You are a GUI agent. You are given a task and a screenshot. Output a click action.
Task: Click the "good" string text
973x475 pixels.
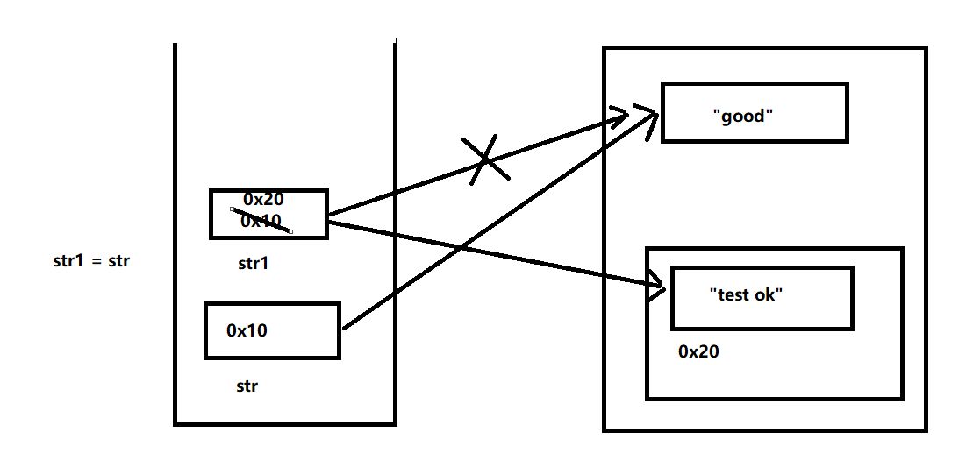point(743,116)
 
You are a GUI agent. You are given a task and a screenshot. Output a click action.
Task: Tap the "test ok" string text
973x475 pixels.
point(746,294)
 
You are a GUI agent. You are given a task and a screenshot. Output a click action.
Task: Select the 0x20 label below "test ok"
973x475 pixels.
point(698,351)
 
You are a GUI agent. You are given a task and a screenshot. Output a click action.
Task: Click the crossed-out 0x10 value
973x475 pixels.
point(261,221)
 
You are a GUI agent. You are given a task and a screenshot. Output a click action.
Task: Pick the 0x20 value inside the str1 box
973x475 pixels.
point(264,199)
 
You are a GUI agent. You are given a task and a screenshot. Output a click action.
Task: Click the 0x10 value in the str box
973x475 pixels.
point(247,330)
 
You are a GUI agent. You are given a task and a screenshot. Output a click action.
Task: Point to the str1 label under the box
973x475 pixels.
point(254,264)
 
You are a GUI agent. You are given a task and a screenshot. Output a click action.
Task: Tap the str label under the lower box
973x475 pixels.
point(247,386)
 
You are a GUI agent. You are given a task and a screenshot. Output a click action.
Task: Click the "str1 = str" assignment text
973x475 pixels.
point(92,261)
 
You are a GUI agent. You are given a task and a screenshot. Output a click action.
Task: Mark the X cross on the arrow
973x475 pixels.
point(486,160)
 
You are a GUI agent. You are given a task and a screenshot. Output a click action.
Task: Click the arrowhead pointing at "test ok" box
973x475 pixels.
point(656,286)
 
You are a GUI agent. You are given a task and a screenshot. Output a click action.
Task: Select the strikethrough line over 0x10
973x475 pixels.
point(261,220)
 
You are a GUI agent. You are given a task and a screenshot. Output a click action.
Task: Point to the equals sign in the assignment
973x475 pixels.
point(96,262)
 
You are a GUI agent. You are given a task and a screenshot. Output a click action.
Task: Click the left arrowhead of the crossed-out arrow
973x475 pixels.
point(619,116)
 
